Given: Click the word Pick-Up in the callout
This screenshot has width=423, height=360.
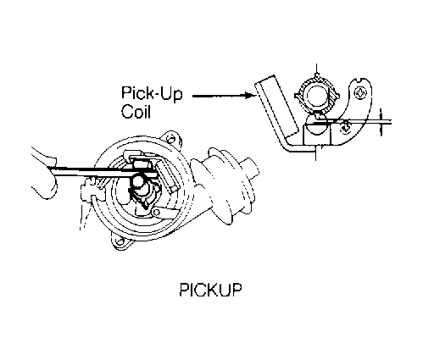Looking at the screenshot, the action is click(152, 93).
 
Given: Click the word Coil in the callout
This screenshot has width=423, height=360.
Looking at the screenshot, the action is click(136, 112).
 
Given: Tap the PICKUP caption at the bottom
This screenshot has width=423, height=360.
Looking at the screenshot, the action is click(211, 290).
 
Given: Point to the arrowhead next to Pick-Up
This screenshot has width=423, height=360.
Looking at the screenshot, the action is click(249, 96).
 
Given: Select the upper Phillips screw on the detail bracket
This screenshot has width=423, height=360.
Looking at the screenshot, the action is click(360, 92).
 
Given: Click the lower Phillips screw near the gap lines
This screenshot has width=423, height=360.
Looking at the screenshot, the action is click(345, 129).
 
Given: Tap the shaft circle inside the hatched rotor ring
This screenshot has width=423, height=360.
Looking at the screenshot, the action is click(317, 96).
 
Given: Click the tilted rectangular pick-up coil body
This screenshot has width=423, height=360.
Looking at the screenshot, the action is click(276, 107).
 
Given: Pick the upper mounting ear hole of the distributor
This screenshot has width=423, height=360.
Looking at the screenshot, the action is click(170, 139).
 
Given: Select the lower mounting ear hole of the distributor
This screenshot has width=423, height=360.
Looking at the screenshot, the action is click(120, 242).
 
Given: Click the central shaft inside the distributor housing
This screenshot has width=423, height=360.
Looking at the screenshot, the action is click(140, 184).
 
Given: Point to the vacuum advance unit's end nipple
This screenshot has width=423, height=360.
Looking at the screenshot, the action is click(251, 168).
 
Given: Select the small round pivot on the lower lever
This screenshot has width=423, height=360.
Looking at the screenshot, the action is click(156, 213).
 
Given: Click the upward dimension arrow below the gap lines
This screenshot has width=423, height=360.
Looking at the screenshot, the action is click(381, 130).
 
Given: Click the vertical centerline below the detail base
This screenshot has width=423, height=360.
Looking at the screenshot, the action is click(316, 153).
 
